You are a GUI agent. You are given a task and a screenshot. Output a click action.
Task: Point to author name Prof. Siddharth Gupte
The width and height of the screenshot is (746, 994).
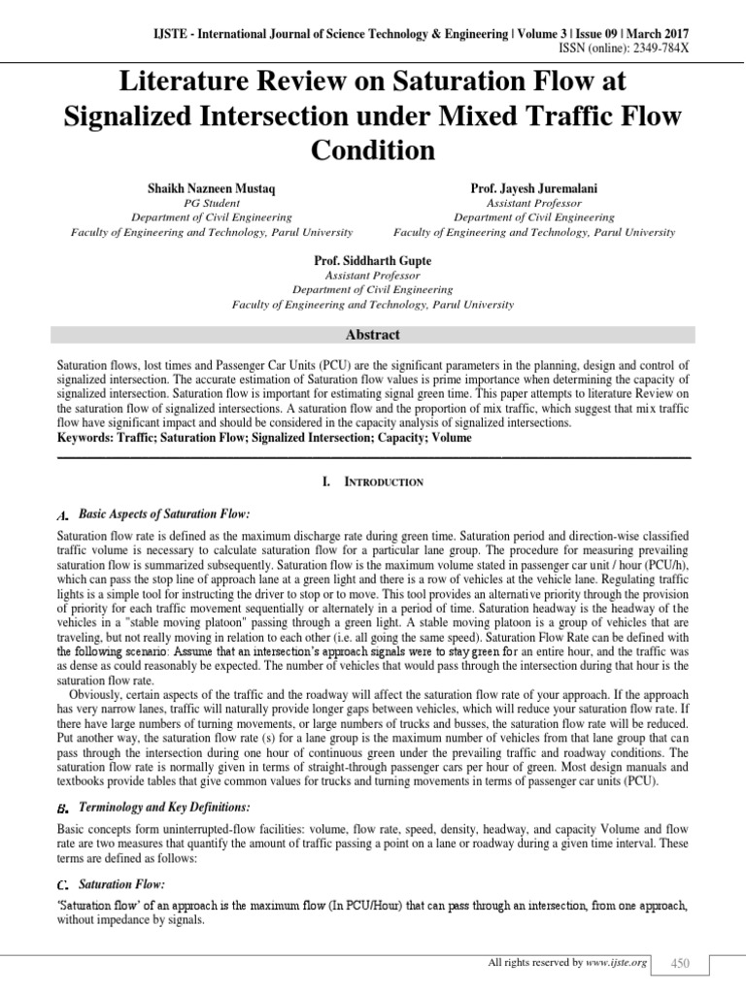point(373,261)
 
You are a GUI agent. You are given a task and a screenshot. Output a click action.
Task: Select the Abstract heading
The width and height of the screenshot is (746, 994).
point(372,335)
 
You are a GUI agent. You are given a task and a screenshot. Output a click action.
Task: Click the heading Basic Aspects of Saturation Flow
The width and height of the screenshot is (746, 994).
point(164,513)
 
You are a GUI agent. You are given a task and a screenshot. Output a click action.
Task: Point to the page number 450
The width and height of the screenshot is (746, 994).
point(679,963)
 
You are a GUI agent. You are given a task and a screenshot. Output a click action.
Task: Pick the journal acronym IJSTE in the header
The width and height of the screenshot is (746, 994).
point(154,35)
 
